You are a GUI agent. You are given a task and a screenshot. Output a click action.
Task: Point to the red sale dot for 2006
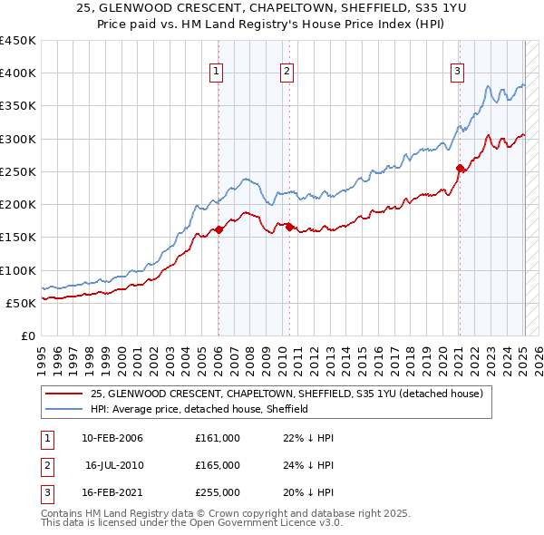point(219,230)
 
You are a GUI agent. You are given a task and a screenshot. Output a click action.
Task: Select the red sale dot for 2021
point(460,168)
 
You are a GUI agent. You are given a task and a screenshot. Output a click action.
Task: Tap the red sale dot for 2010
point(289,228)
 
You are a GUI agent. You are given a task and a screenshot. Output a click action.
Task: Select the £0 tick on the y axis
point(29,336)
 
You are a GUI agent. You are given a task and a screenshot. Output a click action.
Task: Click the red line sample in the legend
point(63,394)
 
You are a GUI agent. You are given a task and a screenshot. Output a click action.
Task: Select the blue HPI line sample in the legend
point(63,409)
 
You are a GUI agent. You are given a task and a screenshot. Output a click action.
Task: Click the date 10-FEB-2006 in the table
point(112,438)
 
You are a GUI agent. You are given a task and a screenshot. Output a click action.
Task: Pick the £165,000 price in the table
point(217,465)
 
